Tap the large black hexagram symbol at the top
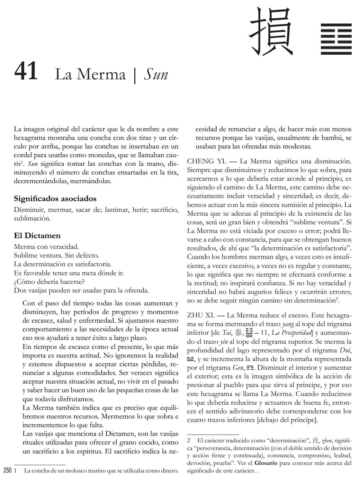[x=336, y=39]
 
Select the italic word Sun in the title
[x=156, y=74]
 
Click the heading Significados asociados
[x=55, y=199]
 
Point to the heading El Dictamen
[x=37, y=236]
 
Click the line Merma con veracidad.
[x=46, y=247]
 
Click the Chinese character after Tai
[x=239, y=333]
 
